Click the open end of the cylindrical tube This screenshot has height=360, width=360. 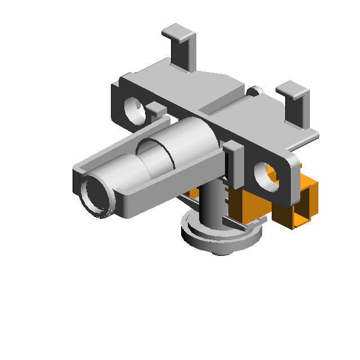[x=94, y=195]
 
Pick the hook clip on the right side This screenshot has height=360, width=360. [x=296, y=104]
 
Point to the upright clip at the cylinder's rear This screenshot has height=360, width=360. [x=232, y=163]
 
